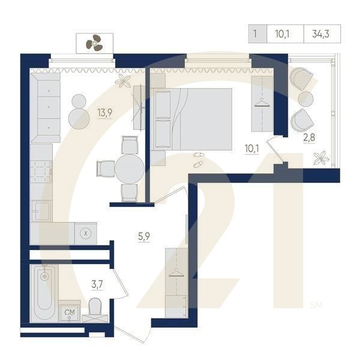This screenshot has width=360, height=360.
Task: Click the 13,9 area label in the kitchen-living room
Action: [104, 113]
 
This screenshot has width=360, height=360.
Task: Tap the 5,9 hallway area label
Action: [144, 236]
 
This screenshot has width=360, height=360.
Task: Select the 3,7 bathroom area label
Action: [97, 284]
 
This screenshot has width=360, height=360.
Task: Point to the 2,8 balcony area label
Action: [309, 137]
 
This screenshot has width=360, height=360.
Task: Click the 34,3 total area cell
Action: [322, 34]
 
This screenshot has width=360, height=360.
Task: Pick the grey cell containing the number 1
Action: [257, 34]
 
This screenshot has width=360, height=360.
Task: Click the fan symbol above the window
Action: [94, 43]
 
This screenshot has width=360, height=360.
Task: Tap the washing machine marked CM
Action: [70, 312]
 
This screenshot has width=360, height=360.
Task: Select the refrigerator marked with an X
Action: [86, 233]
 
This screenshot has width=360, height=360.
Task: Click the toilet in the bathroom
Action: [95, 310]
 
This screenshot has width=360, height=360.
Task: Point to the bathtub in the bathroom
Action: [44, 293]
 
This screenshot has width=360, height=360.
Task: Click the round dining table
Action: [130, 169]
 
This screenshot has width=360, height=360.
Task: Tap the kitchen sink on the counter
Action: [41, 211]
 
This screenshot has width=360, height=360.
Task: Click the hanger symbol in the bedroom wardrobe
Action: [262, 103]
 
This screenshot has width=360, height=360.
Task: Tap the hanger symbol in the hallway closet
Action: [176, 272]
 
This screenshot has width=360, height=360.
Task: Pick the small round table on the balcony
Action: [305, 99]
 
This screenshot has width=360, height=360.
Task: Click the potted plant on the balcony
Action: [322, 158]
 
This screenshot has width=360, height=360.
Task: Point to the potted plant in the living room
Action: [123, 81]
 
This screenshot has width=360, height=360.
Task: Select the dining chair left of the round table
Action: [106, 169]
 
